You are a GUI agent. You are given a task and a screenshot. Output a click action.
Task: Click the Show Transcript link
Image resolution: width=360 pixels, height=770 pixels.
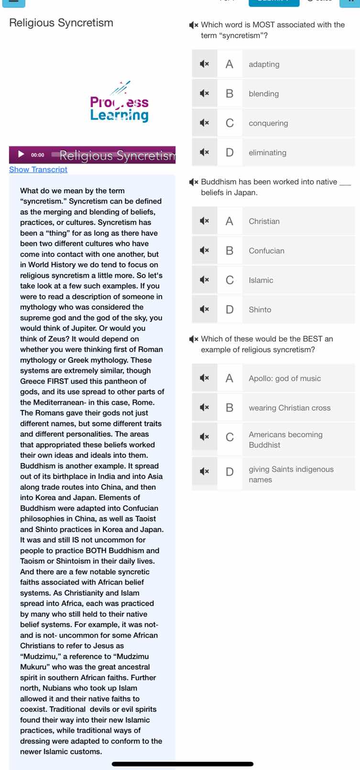pyautogui.click(x=38, y=169)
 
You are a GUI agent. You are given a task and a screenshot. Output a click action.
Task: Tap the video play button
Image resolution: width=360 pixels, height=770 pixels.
pyautogui.click(x=21, y=154)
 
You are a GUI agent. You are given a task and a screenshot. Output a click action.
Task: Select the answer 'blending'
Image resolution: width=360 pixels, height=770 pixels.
pyautogui.click(x=263, y=94)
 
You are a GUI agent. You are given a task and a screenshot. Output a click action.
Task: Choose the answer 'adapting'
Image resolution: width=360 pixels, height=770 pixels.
pyautogui.click(x=264, y=64)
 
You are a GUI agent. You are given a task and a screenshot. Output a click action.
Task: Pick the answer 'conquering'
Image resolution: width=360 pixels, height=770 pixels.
pyautogui.click(x=268, y=123)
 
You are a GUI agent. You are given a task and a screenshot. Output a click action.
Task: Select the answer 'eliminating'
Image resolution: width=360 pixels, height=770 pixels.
pyautogui.click(x=267, y=153)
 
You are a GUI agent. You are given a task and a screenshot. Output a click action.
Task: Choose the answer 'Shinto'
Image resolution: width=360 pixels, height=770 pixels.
pyautogui.click(x=260, y=310)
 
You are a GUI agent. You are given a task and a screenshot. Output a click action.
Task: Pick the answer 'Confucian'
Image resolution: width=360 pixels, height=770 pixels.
pyautogui.click(x=266, y=251)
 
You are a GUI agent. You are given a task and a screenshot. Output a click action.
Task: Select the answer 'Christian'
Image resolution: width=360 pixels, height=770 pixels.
pyautogui.click(x=264, y=221)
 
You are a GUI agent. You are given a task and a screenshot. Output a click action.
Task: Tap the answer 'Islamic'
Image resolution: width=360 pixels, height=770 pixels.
pyautogui.click(x=261, y=281)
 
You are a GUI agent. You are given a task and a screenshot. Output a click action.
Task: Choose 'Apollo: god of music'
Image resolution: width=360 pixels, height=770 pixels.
pyautogui.click(x=284, y=379)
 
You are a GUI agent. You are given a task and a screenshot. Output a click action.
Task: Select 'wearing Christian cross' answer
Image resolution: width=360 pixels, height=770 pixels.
pyautogui.click(x=289, y=408)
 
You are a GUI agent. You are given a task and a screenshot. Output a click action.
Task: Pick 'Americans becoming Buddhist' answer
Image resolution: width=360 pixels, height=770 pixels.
pyautogui.click(x=285, y=440)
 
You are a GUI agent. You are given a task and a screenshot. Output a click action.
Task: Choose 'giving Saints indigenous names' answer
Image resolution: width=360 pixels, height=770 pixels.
pyautogui.click(x=291, y=475)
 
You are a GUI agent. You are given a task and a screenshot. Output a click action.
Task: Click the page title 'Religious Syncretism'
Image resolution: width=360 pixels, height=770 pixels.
pyautogui.click(x=61, y=23)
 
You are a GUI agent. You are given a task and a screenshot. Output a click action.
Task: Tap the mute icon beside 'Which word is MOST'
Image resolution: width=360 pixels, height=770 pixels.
pyautogui.click(x=194, y=25)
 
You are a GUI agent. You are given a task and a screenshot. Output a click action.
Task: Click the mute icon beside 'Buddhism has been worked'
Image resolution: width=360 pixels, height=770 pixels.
pyautogui.click(x=194, y=182)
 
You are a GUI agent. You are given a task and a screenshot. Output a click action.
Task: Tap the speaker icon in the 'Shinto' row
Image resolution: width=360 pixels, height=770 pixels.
pyautogui.click(x=204, y=310)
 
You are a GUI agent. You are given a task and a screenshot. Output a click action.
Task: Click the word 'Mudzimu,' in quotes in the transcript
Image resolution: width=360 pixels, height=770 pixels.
pyautogui.click(x=39, y=657)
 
